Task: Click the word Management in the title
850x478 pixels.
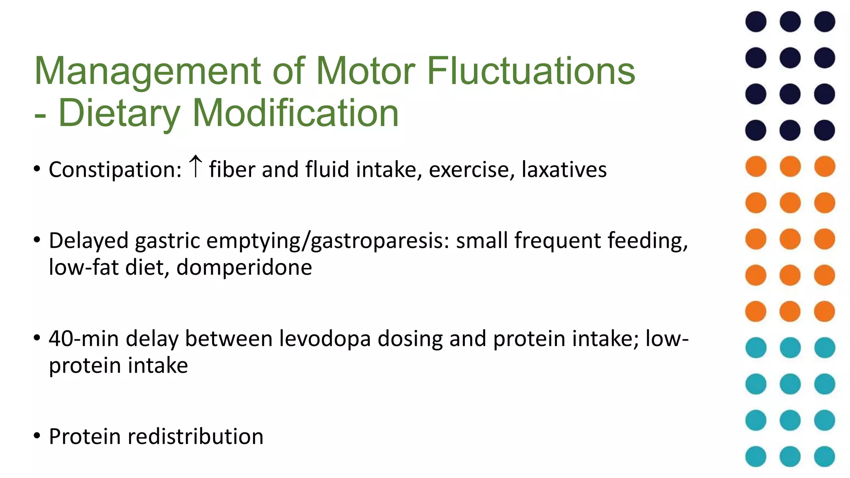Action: pos(147,71)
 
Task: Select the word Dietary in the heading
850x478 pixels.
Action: pos(119,113)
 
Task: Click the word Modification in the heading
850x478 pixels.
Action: pos(295,113)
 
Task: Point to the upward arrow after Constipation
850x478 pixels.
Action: pos(195,166)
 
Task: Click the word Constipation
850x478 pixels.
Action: pos(115,170)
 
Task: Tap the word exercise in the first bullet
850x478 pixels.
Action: pos(471,170)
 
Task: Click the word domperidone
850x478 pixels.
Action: pos(244,267)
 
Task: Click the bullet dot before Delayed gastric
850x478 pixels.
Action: pos(37,240)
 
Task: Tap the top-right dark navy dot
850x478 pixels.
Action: pos(824,22)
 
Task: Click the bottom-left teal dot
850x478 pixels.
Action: pos(756,456)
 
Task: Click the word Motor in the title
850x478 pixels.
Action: pos(365,71)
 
